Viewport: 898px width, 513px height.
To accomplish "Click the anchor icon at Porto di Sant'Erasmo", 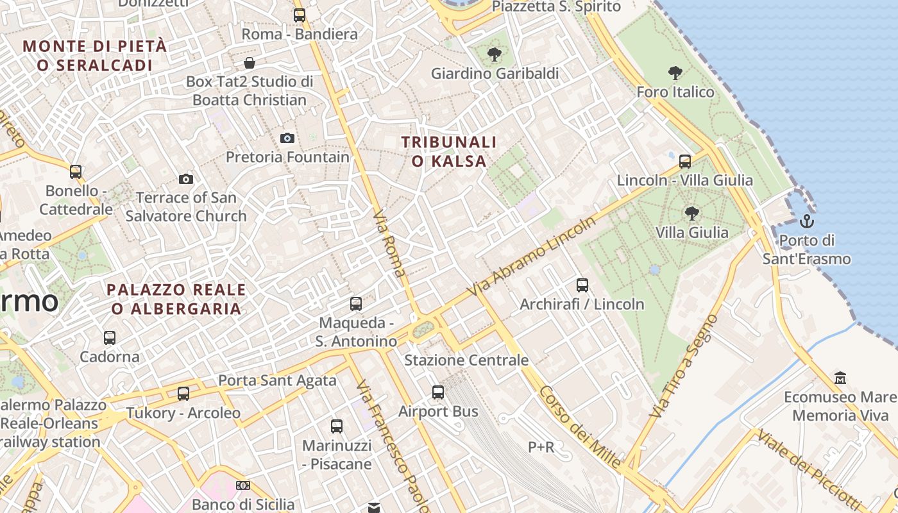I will tap(806, 221).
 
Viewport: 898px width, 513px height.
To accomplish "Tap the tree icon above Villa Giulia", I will tap(691, 212).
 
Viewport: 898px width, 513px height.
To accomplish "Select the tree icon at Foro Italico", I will tap(675, 72).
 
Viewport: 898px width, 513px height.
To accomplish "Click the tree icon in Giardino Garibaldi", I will tap(494, 54).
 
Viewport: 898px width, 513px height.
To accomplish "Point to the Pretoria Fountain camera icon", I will tap(287, 138).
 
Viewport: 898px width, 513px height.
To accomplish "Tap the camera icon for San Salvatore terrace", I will tap(186, 179).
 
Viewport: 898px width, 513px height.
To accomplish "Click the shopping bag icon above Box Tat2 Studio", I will tap(250, 63).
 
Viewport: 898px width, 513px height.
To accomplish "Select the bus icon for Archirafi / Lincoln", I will tap(582, 285).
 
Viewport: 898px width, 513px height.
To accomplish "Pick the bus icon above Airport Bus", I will tap(438, 392).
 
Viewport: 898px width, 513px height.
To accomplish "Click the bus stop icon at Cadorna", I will tap(110, 337).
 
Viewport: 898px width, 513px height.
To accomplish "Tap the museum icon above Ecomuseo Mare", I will tap(840, 378).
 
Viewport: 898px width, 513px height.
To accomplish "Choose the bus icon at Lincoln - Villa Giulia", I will tap(685, 161).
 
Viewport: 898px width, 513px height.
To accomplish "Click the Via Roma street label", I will tap(389, 244).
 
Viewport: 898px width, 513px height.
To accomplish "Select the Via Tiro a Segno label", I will tap(682, 366).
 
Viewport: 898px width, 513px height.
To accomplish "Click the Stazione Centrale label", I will tap(466, 360).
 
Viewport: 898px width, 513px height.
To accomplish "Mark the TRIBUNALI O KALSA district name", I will tap(449, 151).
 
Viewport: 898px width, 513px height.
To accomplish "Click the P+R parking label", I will tap(541, 447).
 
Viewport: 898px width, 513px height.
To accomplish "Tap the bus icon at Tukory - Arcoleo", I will tap(183, 393).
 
